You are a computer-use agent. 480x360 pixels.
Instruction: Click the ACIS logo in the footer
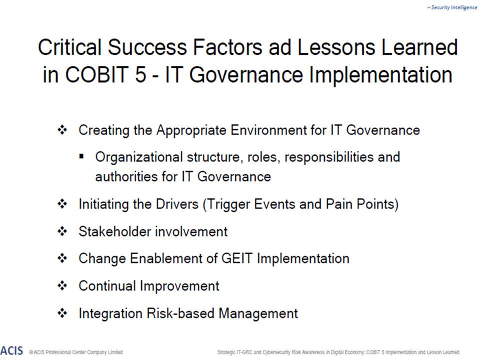point(11,350)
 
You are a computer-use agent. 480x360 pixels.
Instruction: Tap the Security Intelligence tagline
point(452,7)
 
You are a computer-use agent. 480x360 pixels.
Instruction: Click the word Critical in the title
point(70,47)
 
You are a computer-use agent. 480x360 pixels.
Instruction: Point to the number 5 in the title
point(140,74)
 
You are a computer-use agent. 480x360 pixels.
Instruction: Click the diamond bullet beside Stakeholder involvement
point(62,231)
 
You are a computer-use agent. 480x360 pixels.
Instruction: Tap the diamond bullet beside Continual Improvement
point(62,285)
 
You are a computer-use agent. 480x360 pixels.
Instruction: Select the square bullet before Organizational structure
point(81,156)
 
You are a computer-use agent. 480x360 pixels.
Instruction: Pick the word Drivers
point(177,204)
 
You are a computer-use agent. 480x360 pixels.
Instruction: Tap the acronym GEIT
point(237,258)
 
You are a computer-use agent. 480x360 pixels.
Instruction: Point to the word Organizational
point(139,157)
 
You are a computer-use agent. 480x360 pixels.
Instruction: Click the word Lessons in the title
point(336,47)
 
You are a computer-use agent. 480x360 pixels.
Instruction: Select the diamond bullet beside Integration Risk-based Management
point(62,313)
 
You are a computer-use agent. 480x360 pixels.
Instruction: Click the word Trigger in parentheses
point(226,204)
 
